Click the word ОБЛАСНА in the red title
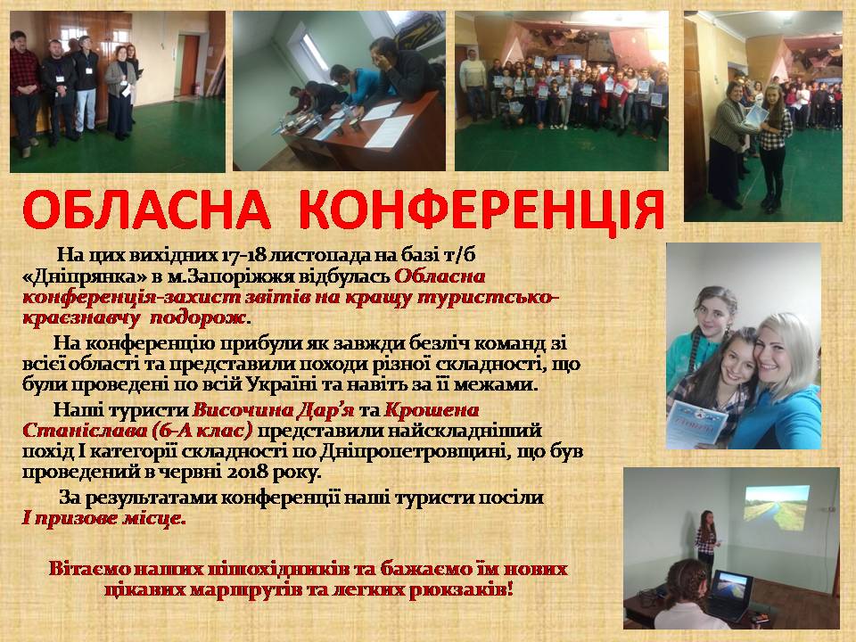147,210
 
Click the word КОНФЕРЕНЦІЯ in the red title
481,210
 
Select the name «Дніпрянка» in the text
85,276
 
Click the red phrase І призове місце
103,518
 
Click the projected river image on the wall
777,507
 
